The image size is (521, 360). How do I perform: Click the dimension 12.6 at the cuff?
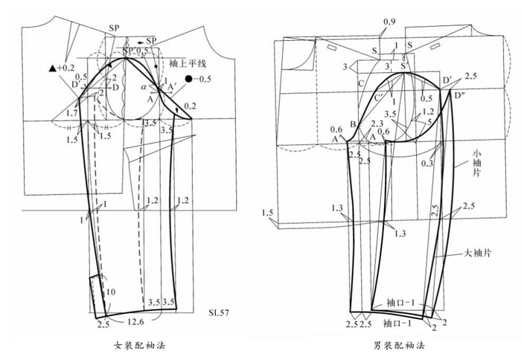coord(135,322)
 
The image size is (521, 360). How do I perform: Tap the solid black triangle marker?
coord(51,68)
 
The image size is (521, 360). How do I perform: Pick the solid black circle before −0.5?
coord(191,78)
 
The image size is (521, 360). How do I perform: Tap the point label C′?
coord(379,95)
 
